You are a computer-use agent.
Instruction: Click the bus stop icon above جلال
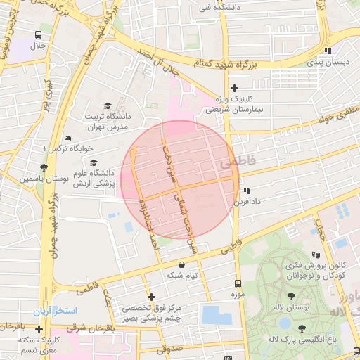[x=37, y=34]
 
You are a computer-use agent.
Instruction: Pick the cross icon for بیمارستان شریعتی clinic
[x=234, y=88]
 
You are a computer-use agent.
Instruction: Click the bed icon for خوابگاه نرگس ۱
[x=67, y=139]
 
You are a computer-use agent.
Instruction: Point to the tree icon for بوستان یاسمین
[x=45, y=167]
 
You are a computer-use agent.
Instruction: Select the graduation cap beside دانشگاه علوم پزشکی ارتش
[x=94, y=163]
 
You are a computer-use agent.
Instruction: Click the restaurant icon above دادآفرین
[x=245, y=191]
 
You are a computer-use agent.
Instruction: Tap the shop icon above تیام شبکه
[x=183, y=265]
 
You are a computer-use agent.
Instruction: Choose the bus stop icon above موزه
[x=237, y=283]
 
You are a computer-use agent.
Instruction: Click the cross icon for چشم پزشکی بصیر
[x=150, y=297]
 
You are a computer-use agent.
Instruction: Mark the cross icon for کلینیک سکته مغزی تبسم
[x=39, y=329]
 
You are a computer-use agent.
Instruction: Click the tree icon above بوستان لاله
[x=292, y=297]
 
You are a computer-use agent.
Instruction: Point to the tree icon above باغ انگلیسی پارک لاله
[x=302, y=328]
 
